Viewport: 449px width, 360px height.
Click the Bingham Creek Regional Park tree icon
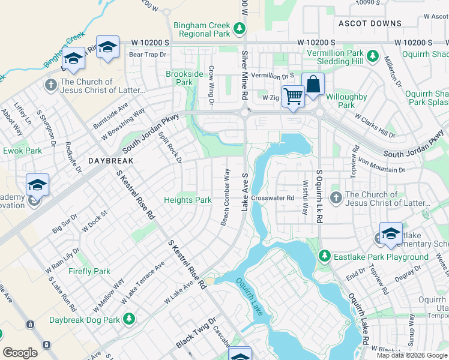240,28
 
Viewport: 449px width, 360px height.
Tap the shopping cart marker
293,96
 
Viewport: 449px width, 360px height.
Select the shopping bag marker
313,85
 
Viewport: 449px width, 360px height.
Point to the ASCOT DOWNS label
370,23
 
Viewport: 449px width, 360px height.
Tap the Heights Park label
188,200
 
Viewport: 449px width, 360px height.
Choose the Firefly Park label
89,271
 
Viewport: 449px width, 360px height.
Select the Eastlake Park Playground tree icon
325,257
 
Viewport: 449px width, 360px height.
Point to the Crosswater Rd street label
273,197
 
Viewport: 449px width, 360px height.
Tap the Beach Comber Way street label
226,197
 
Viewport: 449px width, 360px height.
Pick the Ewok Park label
23,151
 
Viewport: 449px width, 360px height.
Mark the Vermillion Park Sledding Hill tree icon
372,56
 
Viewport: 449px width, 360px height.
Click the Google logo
20,353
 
